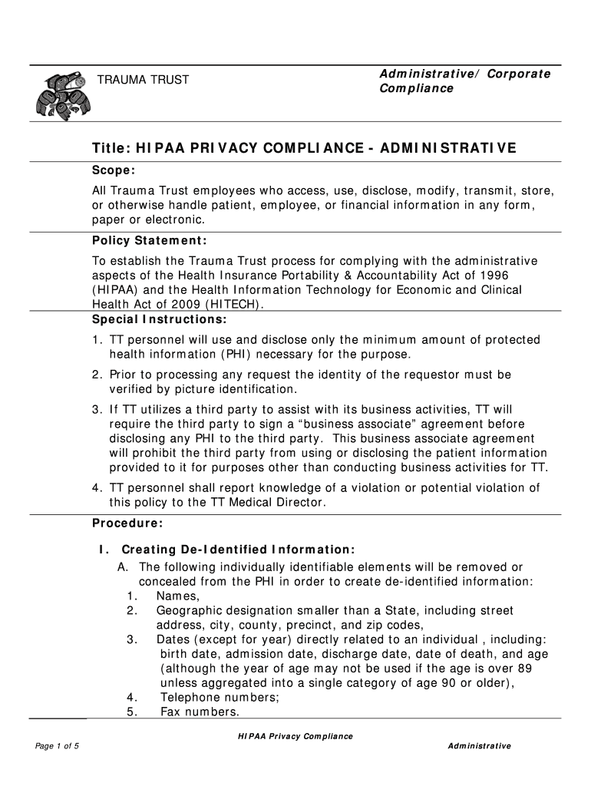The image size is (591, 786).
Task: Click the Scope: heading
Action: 114,170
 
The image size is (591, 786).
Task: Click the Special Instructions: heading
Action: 159,319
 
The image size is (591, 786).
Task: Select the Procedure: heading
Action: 127,523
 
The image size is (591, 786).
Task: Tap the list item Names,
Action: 177,596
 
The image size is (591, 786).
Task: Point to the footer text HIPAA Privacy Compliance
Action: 295,736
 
